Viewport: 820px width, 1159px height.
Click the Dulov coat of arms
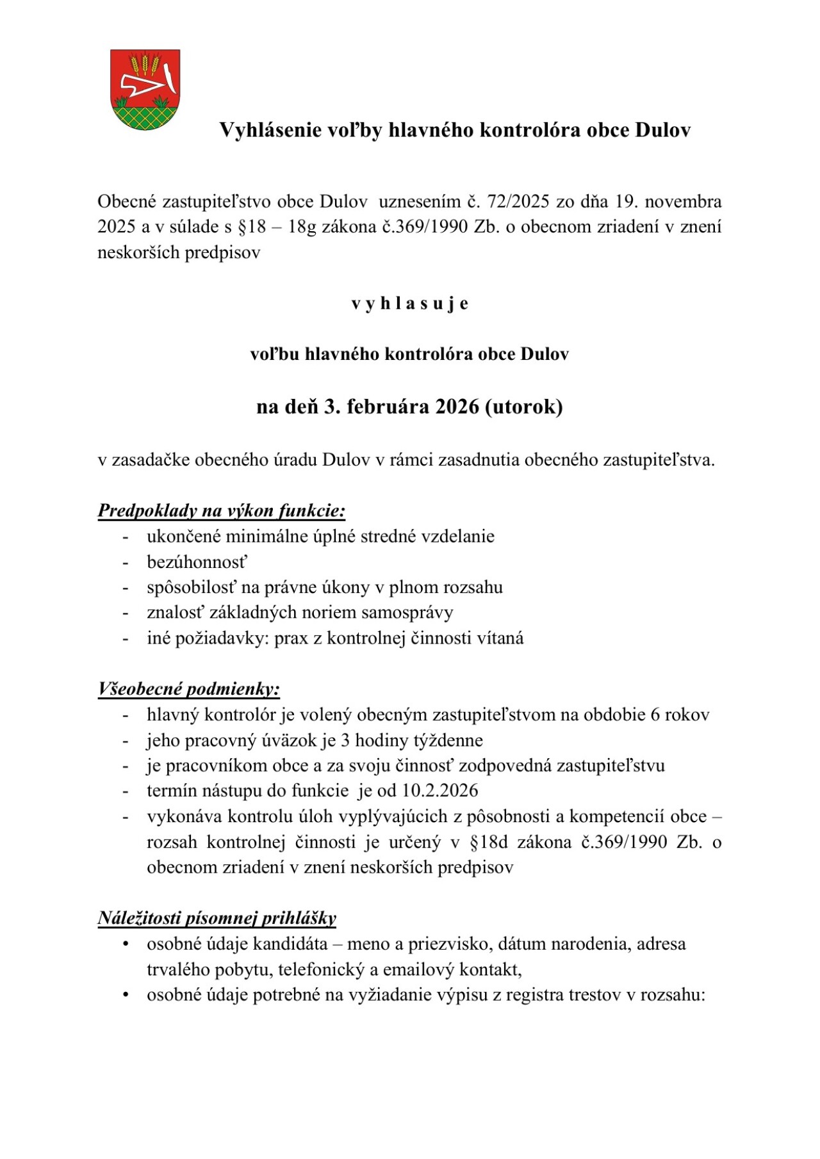(x=145, y=90)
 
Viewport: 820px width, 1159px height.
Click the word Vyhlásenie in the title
(x=270, y=130)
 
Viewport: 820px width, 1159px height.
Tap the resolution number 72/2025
(x=518, y=202)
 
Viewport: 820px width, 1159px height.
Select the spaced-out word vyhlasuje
(x=409, y=304)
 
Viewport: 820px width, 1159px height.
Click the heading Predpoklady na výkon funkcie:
(x=222, y=511)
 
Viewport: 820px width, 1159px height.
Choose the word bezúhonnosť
(x=197, y=562)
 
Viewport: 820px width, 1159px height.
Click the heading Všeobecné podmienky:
(x=189, y=689)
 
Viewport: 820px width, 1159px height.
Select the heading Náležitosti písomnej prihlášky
(x=217, y=918)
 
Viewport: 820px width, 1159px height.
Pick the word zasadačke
(x=151, y=460)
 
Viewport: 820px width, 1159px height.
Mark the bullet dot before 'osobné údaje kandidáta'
(x=126, y=944)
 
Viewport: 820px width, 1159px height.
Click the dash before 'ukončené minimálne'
(x=126, y=537)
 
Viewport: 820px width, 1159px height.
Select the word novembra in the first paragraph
(x=683, y=202)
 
